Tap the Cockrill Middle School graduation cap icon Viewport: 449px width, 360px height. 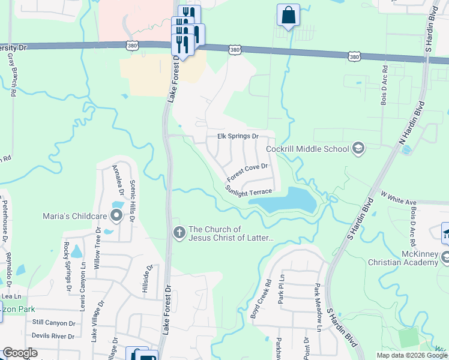[x=358, y=148]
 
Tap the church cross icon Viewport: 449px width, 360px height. [x=178, y=233]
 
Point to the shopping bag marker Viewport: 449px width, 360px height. [x=288, y=15]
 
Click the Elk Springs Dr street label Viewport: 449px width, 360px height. [x=237, y=136]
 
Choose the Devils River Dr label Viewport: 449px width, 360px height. [x=53, y=336]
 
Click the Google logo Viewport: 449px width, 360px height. [x=20, y=353]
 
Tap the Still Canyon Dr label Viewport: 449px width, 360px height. [x=54, y=323]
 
